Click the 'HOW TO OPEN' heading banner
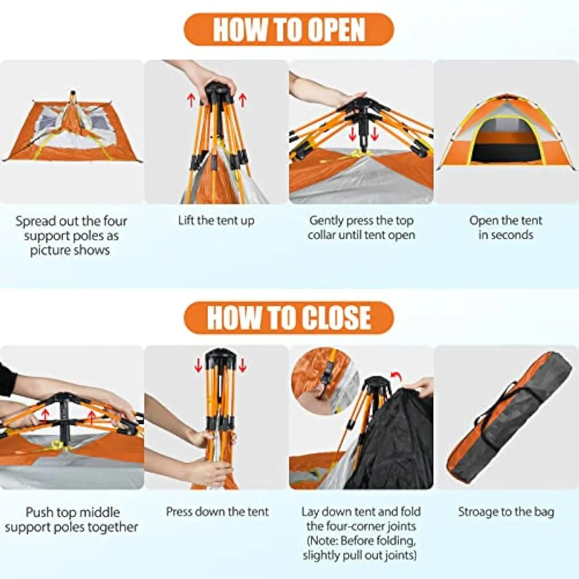289,29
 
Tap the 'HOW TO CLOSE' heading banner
289,318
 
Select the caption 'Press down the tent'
217,511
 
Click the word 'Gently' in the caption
327,221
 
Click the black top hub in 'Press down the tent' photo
220,357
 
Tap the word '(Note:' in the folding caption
323,541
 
